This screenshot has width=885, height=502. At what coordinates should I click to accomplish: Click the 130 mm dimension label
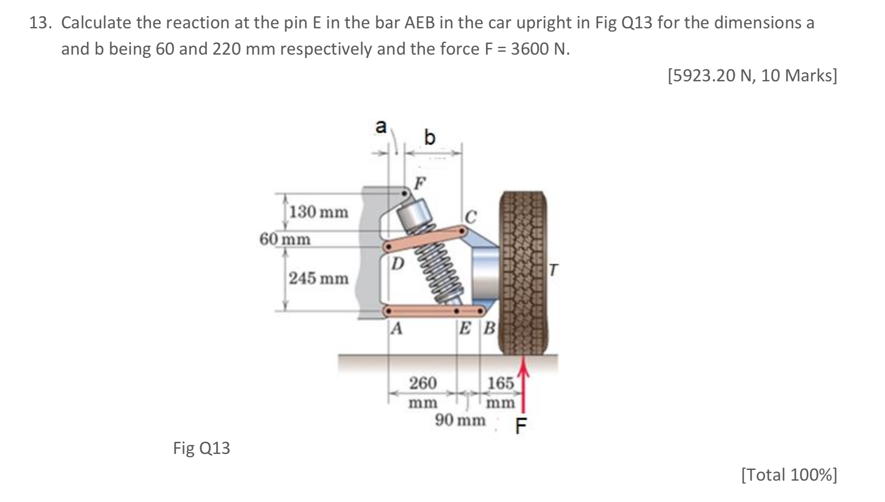tap(319, 212)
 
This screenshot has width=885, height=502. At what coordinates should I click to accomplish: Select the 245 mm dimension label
tap(319, 279)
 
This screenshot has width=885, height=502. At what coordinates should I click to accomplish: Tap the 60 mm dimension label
tap(285, 239)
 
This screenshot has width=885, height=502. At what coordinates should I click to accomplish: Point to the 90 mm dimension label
tap(460, 420)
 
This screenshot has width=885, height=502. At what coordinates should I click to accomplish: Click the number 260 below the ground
tap(423, 383)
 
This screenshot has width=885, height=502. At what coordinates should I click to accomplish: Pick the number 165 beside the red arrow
tap(501, 383)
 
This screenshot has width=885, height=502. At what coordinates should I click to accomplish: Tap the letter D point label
tap(397, 263)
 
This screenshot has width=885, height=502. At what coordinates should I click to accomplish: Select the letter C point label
tap(471, 217)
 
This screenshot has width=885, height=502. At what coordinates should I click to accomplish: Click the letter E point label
tap(465, 328)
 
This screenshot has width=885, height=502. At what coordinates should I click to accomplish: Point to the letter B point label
tap(490, 328)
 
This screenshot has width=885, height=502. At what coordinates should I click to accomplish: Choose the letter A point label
tap(396, 328)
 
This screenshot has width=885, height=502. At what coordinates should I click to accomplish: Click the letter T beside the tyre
tap(554, 270)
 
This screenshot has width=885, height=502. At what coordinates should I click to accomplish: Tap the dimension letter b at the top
tap(429, 138)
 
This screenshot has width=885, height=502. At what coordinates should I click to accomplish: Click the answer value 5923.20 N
tap(713, 76)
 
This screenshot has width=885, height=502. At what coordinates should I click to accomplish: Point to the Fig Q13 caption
tap(202, 448)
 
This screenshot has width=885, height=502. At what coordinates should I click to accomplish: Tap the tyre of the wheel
tap(523, 273)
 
